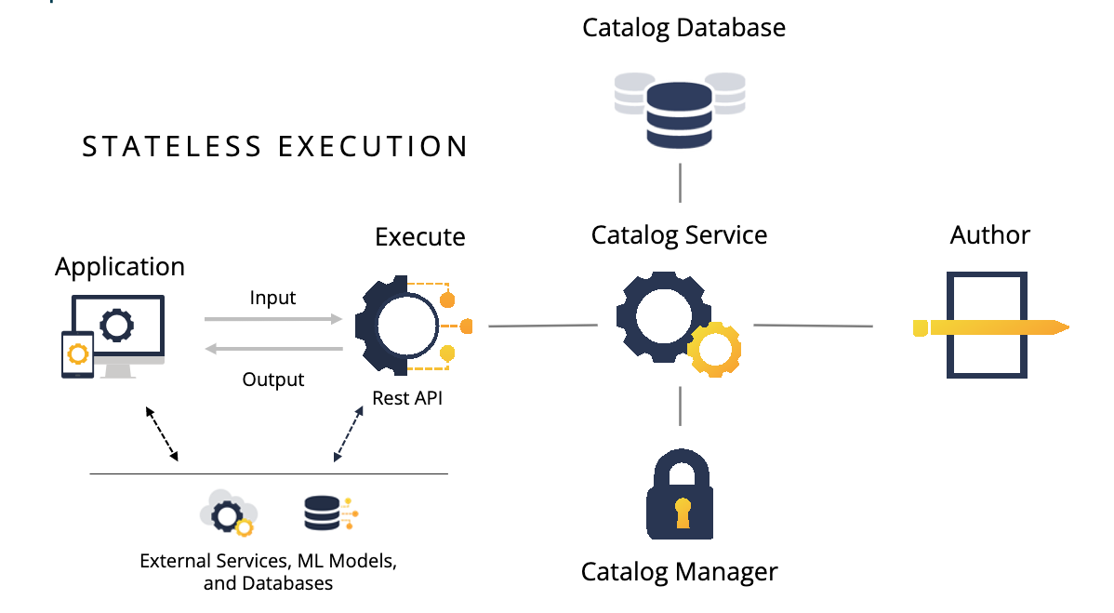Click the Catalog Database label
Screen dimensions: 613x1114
tap(683, 28)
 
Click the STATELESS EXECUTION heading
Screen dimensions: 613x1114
tap(275, 147)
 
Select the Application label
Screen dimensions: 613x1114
tap(120, 267)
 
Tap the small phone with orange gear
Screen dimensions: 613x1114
tap(77, 354)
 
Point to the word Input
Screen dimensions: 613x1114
tap(272, 298)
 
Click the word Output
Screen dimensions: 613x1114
tap(273, 380)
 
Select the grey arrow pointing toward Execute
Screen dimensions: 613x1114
tap(273, 318)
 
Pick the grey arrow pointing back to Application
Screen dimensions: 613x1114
tap(273, 350)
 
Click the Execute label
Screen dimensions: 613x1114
tap(419, 237)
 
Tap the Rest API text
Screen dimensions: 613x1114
tap(407, 398)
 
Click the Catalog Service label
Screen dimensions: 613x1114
tap(679, 234)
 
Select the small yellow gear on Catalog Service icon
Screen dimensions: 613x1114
tap(714, 351)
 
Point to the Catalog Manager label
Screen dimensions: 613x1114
tap(679, 570)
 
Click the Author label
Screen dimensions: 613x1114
tap(989, 234)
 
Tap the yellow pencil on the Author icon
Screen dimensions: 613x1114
tap(990, 327)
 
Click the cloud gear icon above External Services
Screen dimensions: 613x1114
tap(229, 513)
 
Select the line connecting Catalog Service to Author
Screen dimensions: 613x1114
tap(813, 326)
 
